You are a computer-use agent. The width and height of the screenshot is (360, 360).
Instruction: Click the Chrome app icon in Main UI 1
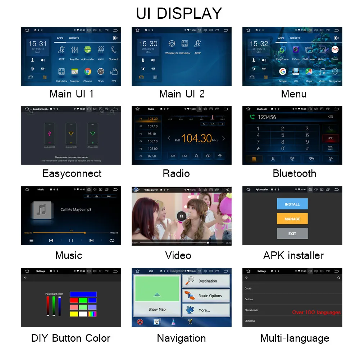(88, 72)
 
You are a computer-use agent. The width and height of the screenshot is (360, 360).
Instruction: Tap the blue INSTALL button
(292, 204)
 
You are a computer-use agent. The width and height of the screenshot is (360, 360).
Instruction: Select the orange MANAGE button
(292, 219)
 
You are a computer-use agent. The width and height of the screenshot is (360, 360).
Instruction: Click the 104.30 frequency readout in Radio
(196, 138)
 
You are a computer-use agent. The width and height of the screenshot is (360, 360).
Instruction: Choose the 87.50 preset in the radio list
(152, 156)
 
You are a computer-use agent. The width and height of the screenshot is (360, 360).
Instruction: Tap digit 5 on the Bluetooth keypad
(282, 135)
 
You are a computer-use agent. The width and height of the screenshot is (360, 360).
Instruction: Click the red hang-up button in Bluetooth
(331, 138)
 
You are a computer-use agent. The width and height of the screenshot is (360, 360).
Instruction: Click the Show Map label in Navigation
(157, 309)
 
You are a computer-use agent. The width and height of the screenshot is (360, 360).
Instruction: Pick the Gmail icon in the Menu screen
(335, 50)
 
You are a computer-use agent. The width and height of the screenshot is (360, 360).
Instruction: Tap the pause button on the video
(181, 216)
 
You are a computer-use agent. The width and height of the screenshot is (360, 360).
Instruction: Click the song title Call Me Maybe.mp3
(76, 209)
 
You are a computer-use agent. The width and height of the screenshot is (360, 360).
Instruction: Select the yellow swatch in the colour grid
(74, 314)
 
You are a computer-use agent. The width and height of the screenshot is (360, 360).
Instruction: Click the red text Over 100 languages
(316, 312)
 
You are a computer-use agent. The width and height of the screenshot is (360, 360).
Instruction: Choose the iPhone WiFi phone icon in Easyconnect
(93, 133)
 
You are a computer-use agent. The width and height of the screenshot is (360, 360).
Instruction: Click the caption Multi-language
(295, 338)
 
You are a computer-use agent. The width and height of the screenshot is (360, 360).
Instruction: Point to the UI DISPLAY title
(179, 13)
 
